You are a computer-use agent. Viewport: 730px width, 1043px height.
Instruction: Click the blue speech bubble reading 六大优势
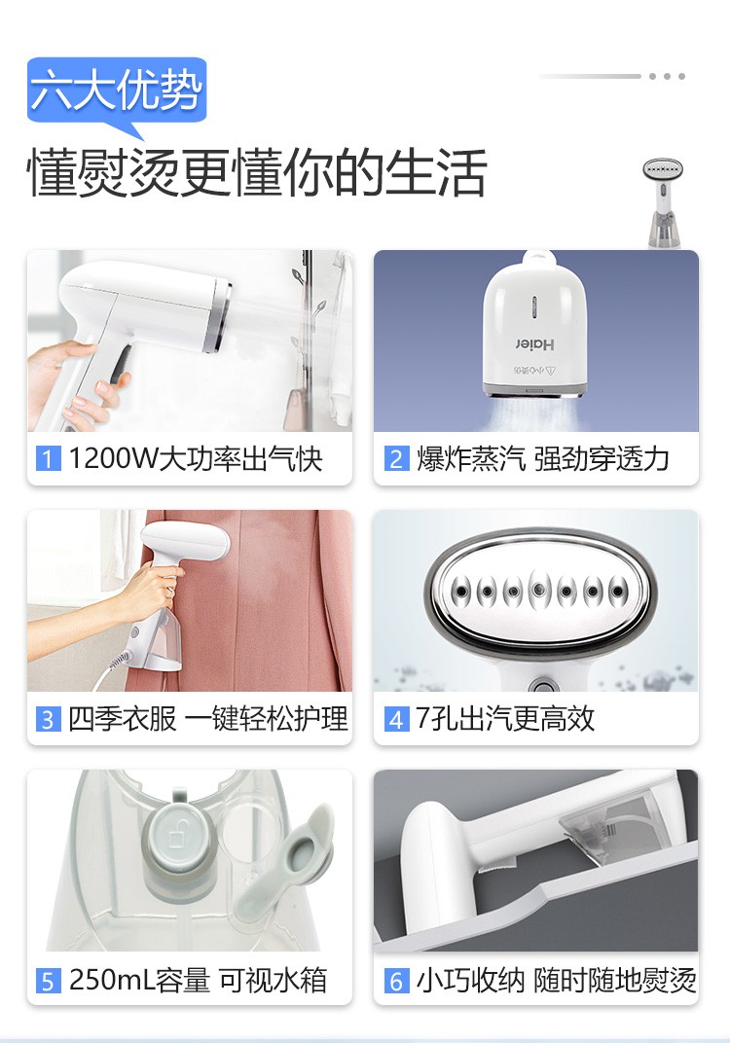117,91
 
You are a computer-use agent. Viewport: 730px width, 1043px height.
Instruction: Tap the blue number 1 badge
48,458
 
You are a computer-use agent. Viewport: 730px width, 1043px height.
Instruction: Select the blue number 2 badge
396,458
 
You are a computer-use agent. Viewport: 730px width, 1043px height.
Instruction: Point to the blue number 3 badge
48,719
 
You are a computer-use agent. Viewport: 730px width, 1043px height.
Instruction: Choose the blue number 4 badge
396,719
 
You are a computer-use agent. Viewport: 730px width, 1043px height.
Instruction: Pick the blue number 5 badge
48,981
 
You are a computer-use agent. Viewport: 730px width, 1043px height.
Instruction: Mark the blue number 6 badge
396,981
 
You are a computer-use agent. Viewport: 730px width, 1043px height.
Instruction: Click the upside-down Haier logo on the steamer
534,343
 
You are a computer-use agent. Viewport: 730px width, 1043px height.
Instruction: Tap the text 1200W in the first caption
113,458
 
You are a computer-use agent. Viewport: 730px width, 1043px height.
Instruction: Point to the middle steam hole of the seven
539,590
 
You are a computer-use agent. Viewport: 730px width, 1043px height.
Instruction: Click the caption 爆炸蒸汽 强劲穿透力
543,459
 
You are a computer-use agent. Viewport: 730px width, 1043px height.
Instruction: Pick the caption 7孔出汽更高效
505,719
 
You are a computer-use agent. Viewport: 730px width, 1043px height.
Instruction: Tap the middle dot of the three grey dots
667,77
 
